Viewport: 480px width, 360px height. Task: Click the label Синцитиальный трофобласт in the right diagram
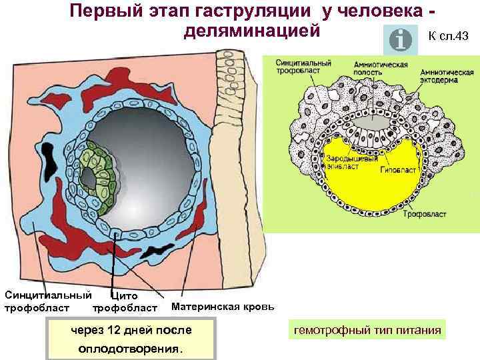point(303,66)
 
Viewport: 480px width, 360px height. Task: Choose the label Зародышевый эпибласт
point(342,163)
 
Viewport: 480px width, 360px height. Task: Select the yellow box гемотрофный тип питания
point(367,330)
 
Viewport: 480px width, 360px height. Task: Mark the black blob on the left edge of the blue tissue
point(49,161)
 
